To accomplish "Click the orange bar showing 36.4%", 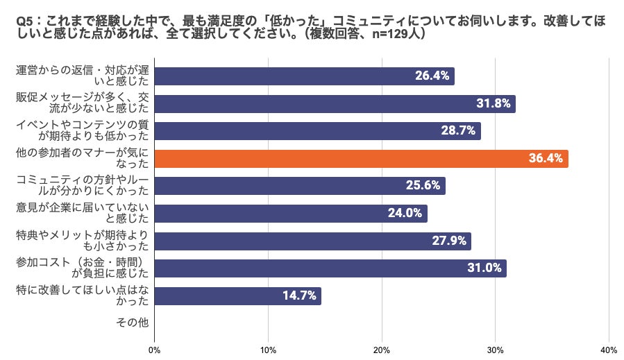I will (361, 159).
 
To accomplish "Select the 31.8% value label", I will (494, 104).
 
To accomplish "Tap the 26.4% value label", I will (433, 76).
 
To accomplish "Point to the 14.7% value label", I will (300, 295).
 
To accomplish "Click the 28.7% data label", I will (459, 131).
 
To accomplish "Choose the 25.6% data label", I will (424, 186).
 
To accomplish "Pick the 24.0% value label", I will (406, 214).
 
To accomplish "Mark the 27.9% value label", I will (450, 241).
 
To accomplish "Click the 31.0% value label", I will (485, 268).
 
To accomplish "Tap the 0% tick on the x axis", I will (154, 350).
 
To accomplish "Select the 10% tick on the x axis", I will (268, 350).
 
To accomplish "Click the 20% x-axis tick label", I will (382, 350).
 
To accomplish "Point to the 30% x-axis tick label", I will (496, 350).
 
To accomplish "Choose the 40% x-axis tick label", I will (608, 350).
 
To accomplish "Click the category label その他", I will (133, 323).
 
